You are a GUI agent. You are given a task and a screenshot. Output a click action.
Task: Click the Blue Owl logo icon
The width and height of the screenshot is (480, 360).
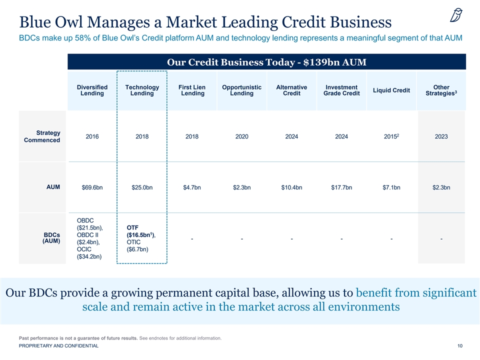(456, 15)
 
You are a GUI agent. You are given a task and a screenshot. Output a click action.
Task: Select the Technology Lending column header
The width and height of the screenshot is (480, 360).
(142, 90)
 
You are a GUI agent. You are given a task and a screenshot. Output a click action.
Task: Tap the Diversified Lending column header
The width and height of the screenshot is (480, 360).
(92, 90)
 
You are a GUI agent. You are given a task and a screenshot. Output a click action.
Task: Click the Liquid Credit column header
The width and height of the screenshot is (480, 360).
(391, 90)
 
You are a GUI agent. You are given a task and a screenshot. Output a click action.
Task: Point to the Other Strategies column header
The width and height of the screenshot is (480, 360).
(441, 90)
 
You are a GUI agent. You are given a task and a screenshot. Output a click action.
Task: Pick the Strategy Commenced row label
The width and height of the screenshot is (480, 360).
(42, 136)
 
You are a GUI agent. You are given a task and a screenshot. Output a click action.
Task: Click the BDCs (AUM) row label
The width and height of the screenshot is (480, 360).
(51, 238)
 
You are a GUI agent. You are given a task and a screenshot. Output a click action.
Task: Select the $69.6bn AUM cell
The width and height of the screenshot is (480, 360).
(92, 187)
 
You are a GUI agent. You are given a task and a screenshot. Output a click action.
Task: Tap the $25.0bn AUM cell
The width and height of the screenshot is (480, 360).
(142, 187)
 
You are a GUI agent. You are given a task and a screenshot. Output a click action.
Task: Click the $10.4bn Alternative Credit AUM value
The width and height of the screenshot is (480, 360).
(291, 187)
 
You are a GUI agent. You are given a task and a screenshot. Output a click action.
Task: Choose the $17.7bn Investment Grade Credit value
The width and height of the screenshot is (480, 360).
(341, 187)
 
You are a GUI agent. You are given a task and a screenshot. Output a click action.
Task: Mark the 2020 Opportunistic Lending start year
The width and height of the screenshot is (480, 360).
(242, 136)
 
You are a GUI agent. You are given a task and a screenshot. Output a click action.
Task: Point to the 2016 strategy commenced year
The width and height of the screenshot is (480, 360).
(92, 136)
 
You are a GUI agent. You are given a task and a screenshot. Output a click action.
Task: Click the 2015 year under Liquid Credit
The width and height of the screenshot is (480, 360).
(391, 136)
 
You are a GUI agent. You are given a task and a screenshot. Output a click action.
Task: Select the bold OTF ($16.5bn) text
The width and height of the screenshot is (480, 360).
(141, 231)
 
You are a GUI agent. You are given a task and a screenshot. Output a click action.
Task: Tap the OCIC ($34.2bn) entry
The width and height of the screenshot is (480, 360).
(89, 253)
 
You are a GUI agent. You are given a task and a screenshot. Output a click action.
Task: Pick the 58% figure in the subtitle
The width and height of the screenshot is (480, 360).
(81, 38)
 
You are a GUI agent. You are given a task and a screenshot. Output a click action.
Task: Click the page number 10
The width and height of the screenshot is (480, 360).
(460, 346)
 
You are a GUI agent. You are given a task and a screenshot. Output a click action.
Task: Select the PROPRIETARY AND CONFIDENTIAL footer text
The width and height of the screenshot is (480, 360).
(59, 346)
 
